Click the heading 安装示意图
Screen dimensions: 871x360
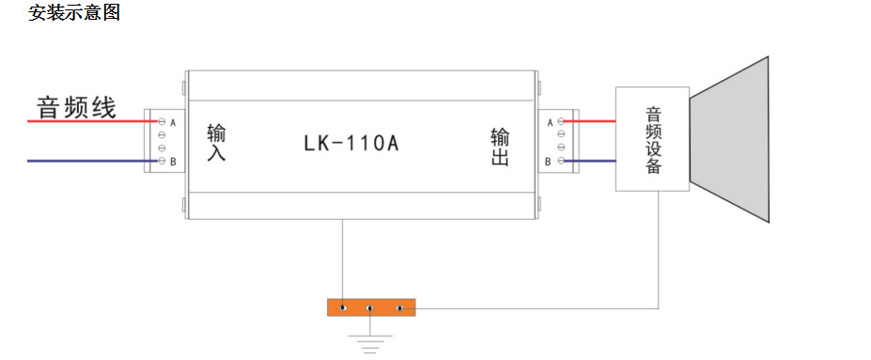(x=74, y=11)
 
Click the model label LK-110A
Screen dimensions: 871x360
(x=351, y=144)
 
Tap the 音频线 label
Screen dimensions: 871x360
(x=76, y=107)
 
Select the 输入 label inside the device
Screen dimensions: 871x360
(x=216, y=143)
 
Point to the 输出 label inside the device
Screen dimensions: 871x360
(x=499, y=148)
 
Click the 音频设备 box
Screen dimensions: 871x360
(x=652, y=139)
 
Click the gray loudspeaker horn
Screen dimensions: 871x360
(x=729, y=139)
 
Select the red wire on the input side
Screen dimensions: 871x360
(x=93, y=120)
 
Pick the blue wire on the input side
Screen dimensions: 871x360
(x=93, y=161)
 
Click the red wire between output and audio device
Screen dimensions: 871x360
(x=590, y=120)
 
